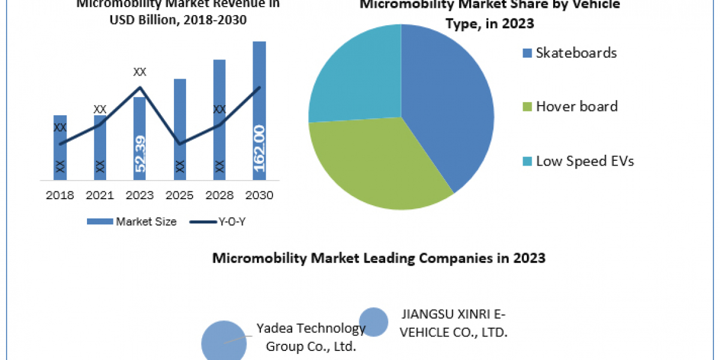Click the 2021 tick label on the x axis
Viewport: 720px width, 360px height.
(x=100, y=196)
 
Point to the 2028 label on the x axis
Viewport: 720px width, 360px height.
(x=219, y=196)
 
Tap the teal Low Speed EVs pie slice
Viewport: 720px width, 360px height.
(x=354, y=78)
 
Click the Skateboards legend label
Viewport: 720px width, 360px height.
(x=576, y=53)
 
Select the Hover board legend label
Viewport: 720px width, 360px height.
(x=577, y=107)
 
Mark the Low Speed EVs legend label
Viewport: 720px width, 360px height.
(x=584, y=161)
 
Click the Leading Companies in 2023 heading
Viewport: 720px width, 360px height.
(x=379, y=258)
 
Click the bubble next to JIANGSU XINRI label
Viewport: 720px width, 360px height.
(x=373, y=322)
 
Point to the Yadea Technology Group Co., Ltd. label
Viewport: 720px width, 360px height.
(x=311, y=337)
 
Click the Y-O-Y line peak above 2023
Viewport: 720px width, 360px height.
(x=140, y=88)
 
